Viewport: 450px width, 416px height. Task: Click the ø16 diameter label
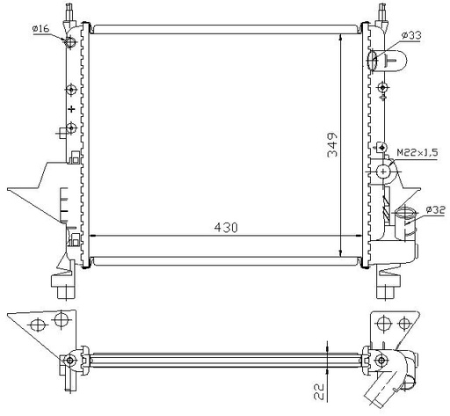(x=40, y=29)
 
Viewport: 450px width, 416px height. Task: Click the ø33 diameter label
(x=411, y=35)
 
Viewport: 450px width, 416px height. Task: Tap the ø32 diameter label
(x=436, y=210)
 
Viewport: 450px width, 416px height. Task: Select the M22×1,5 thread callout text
(x=417, y=152)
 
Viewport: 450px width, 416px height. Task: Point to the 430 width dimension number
(x=226, y=227)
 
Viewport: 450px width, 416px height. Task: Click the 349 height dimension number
(x=332, y=145)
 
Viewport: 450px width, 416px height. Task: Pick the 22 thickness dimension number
(x=319, y=391)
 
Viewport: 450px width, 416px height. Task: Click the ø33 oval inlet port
(x=372, y=61)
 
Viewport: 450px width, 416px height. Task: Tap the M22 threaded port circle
(x=383, y=172)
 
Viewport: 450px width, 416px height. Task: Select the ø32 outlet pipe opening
(x=404, y=212)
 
